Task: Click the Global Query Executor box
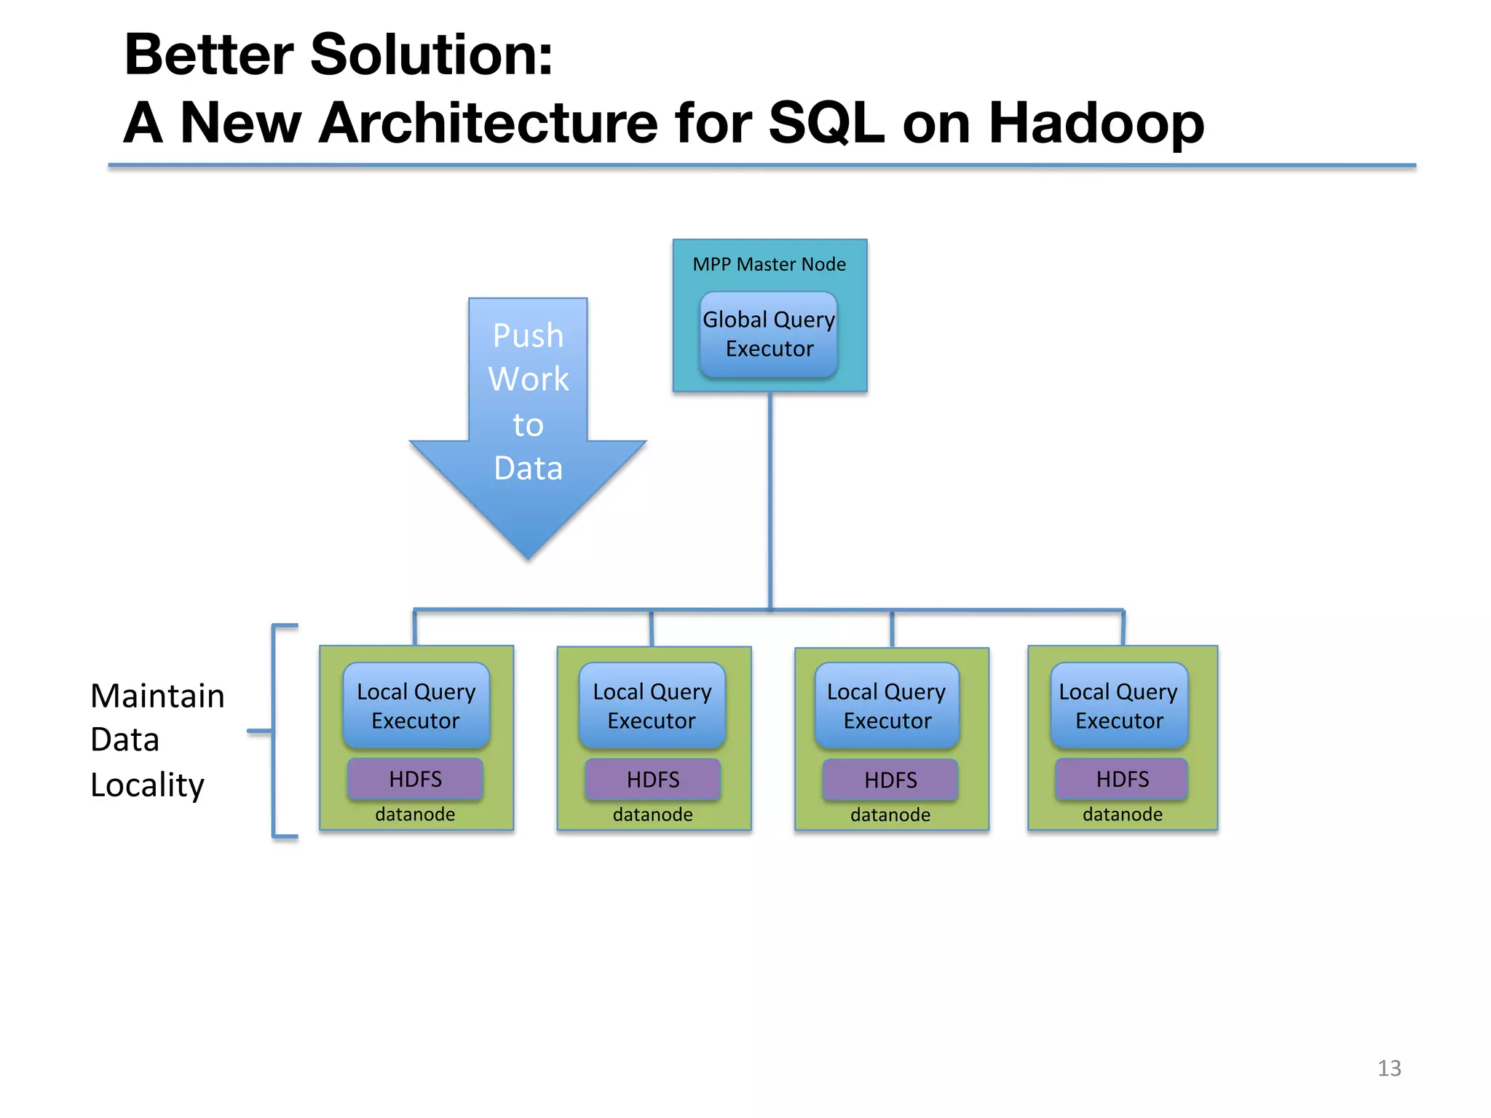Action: pyautogui.click(x=769, y=334)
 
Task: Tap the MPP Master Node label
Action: pyautogui.click(x=769, y=264)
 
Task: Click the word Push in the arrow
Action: pyautogui.click(x=528, y=336)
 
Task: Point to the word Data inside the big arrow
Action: pyautogui.click(x=528, y=468)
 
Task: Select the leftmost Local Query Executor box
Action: pyautogui.click(x=416, y=705)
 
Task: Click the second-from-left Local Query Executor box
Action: pyautogui.click(x=652, y=705)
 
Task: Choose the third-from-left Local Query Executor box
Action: pyautogui.click(x=887, y=705)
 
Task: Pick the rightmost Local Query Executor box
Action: pyautogui.click(x=1119, y=705)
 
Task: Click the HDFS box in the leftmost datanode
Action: pyautogui.click(x=415, y=779)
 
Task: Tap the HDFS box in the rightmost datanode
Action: pyautogui.click(x=1122, y=779)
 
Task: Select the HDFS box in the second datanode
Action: pyautogui.click(x=653, y=780)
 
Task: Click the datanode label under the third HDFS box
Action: pyautogui.click(x=890, y=814)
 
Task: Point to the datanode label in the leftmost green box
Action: pyautogui.click(x=415, y=814)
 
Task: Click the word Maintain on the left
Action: pyautogui.click(x=157, y=696)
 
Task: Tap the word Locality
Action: pyautogui.click(x=147, y=785)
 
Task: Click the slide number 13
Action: pyautogui.click(x=1389, y=1068)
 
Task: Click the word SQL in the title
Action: pyautogui.click(x=826, y=122)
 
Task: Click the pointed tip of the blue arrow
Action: pyautogui.click(x=529, y=558)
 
